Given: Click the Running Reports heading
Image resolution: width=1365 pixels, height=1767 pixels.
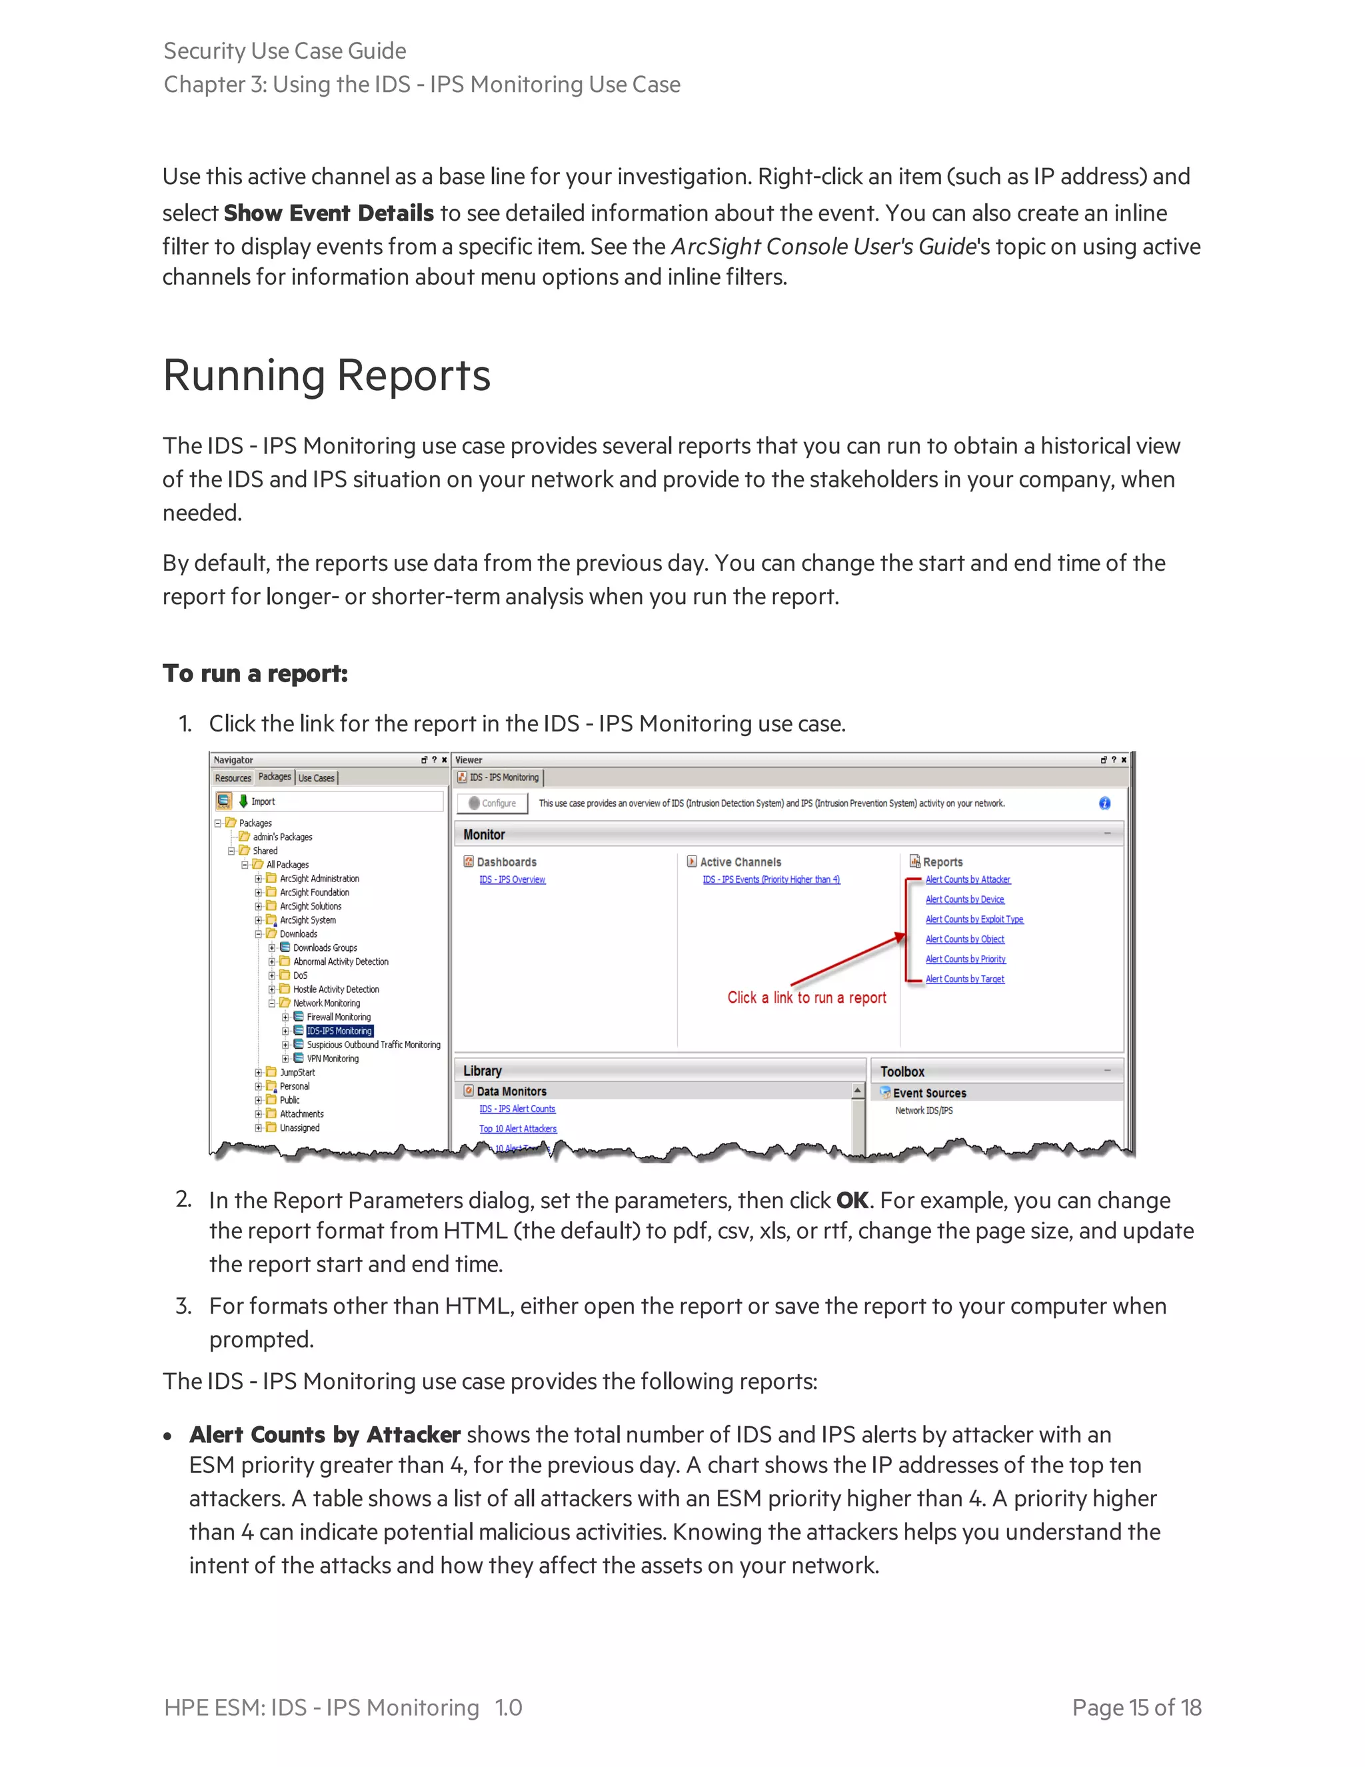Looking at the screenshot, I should pos(327,375).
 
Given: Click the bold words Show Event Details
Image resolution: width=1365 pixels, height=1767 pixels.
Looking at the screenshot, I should pos(329,213).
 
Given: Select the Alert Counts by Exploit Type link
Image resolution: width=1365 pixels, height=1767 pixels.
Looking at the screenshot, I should pos(974,919).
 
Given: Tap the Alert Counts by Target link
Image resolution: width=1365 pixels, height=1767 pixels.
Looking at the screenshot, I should pos(964,979).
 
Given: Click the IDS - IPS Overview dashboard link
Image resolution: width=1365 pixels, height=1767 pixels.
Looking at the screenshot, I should pos(512,879).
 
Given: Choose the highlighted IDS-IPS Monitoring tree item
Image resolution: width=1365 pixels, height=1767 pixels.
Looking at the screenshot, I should pos(340,1031).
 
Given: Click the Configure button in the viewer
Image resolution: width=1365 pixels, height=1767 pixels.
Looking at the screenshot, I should pos(493,803).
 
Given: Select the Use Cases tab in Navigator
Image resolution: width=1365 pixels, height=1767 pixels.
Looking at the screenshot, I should pos(316,777).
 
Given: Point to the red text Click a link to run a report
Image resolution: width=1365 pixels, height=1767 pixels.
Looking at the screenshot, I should pos(806,998).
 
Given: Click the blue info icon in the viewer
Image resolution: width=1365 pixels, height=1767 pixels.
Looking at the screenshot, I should pos(1104,803).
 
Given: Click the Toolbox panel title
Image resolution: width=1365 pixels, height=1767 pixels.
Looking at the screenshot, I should pos(902,1072).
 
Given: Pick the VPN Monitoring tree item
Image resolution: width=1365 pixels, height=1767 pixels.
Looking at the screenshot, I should pos(333,1058).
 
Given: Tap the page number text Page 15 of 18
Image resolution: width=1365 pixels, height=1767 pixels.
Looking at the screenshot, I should pos(1136,1707).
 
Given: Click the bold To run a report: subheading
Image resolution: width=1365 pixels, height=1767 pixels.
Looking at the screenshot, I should pos(255,673).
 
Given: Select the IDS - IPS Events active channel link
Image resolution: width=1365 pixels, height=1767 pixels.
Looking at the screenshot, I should pos(770,879).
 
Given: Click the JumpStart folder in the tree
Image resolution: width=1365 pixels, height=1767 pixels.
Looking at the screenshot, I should pos(297,1072).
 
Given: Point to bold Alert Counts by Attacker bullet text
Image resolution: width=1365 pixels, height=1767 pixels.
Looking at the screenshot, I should pos(325,1434).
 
